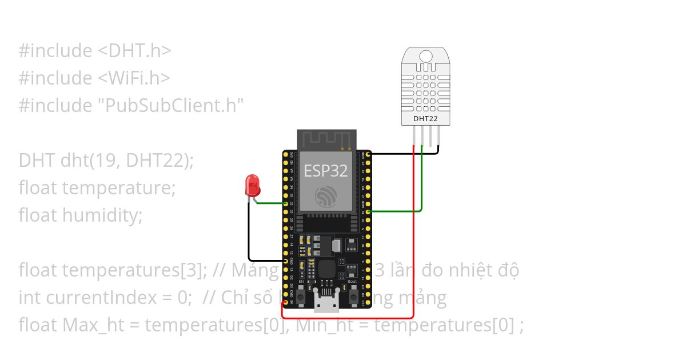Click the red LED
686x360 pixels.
(x=252, y=185)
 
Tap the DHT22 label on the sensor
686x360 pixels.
(x=425, y=119)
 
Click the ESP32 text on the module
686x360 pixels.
(x=326, y=170)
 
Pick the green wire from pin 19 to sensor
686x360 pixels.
(x=422, y=183)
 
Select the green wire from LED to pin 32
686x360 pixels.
(x=270, y=203)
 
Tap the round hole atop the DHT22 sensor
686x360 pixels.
(x=426, y=56)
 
